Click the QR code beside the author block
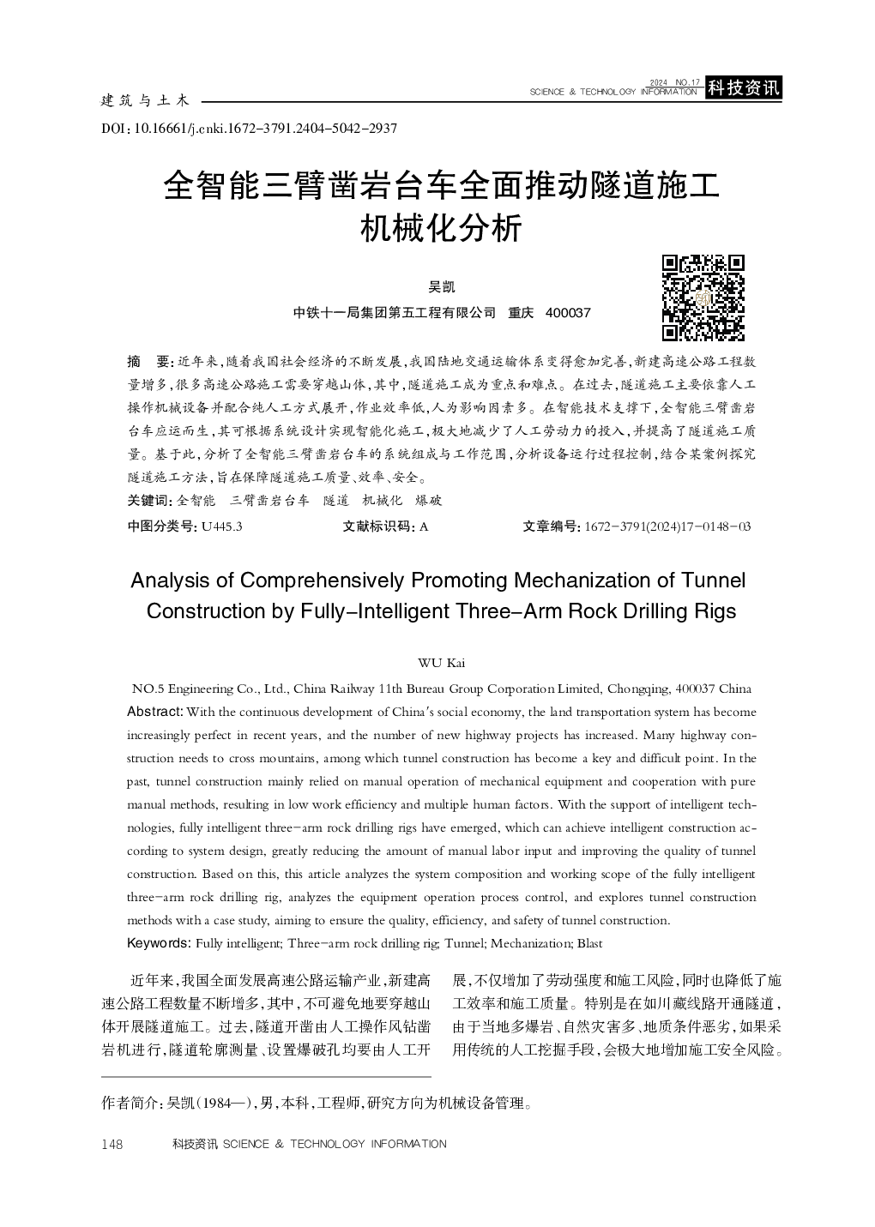pyautogui.click(x=703, y=298)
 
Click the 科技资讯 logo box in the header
pyautogui.click(x=743, y=87)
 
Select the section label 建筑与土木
pyautogui.click(x=145, y=101)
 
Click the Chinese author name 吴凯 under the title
pyautogui.click(x=442, y=286)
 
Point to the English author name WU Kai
pyautogui.click(x=441, y=662)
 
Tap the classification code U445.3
pyautogui.click(x=220, y=526)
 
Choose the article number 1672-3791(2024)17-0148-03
pyautogui.click(x=667, y=526)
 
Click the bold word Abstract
pyautogui.click(x=154, y=712)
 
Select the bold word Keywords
pyautogui.click(x=159, y=943)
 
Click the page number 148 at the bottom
pyautogui.click(x=113, y=1144)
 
